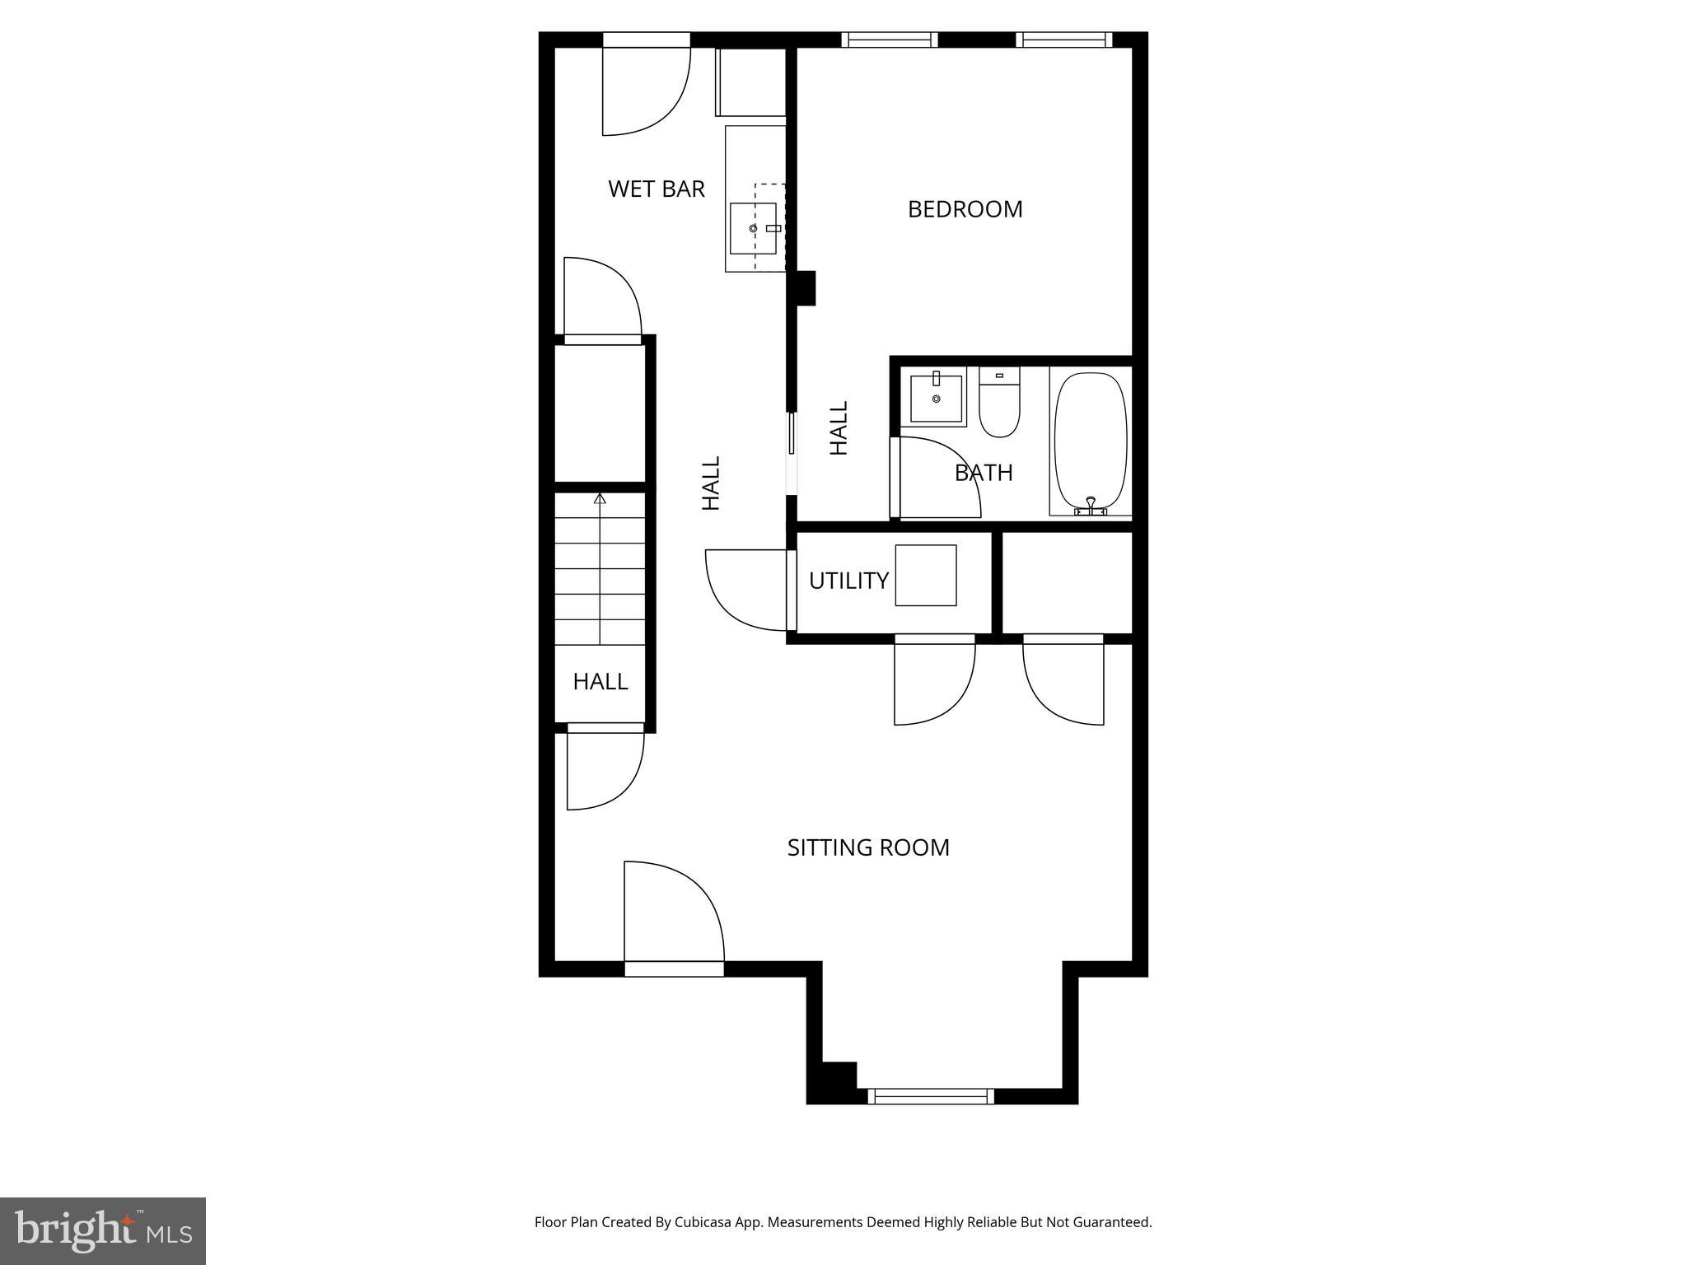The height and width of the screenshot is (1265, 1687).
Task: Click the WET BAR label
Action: pyautogui.click(x=656, y=189)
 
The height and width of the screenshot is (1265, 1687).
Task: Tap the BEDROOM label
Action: pyautogui.click(x=965, y=209)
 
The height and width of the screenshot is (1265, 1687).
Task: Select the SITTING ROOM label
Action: pyautogui.click(x=868, y=847)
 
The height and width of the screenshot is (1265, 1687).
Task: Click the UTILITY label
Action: pyautogui.click(x=848, y=581)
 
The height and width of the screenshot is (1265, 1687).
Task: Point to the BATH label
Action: pyautogui.click(x=984, y=473)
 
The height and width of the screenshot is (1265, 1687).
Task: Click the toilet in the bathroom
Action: pyautogui.click(x=999, y=404)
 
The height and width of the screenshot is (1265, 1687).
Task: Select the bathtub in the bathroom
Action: pyautogui.click(x=1091, y=442)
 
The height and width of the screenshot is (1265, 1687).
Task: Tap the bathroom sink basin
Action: pyautogui.click(x=937, y=399)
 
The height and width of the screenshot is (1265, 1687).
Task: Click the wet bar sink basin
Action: pyautogui.click(x=754, y=228)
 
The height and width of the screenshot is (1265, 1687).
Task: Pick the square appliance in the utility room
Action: pyautogui.click(x=926, y=576)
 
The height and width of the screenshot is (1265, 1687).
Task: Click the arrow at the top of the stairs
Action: pyautogui.click(x=600, y=499)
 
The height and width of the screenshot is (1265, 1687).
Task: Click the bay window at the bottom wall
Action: pyautogui.click(x=931, y=1095)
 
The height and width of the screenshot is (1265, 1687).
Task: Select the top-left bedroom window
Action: pyautogui.click(x=889, y=40)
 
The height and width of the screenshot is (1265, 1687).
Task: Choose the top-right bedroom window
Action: pyautogui.click(x=1063, y=40)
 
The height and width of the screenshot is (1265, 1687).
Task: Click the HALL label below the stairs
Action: pyautogui.click(x=600, y=681)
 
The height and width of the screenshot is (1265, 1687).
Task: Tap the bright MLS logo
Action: pyautogui.click(x=103, y=1230)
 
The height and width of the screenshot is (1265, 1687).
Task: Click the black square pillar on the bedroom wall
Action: pyautogui.click(x=805, y=288)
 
